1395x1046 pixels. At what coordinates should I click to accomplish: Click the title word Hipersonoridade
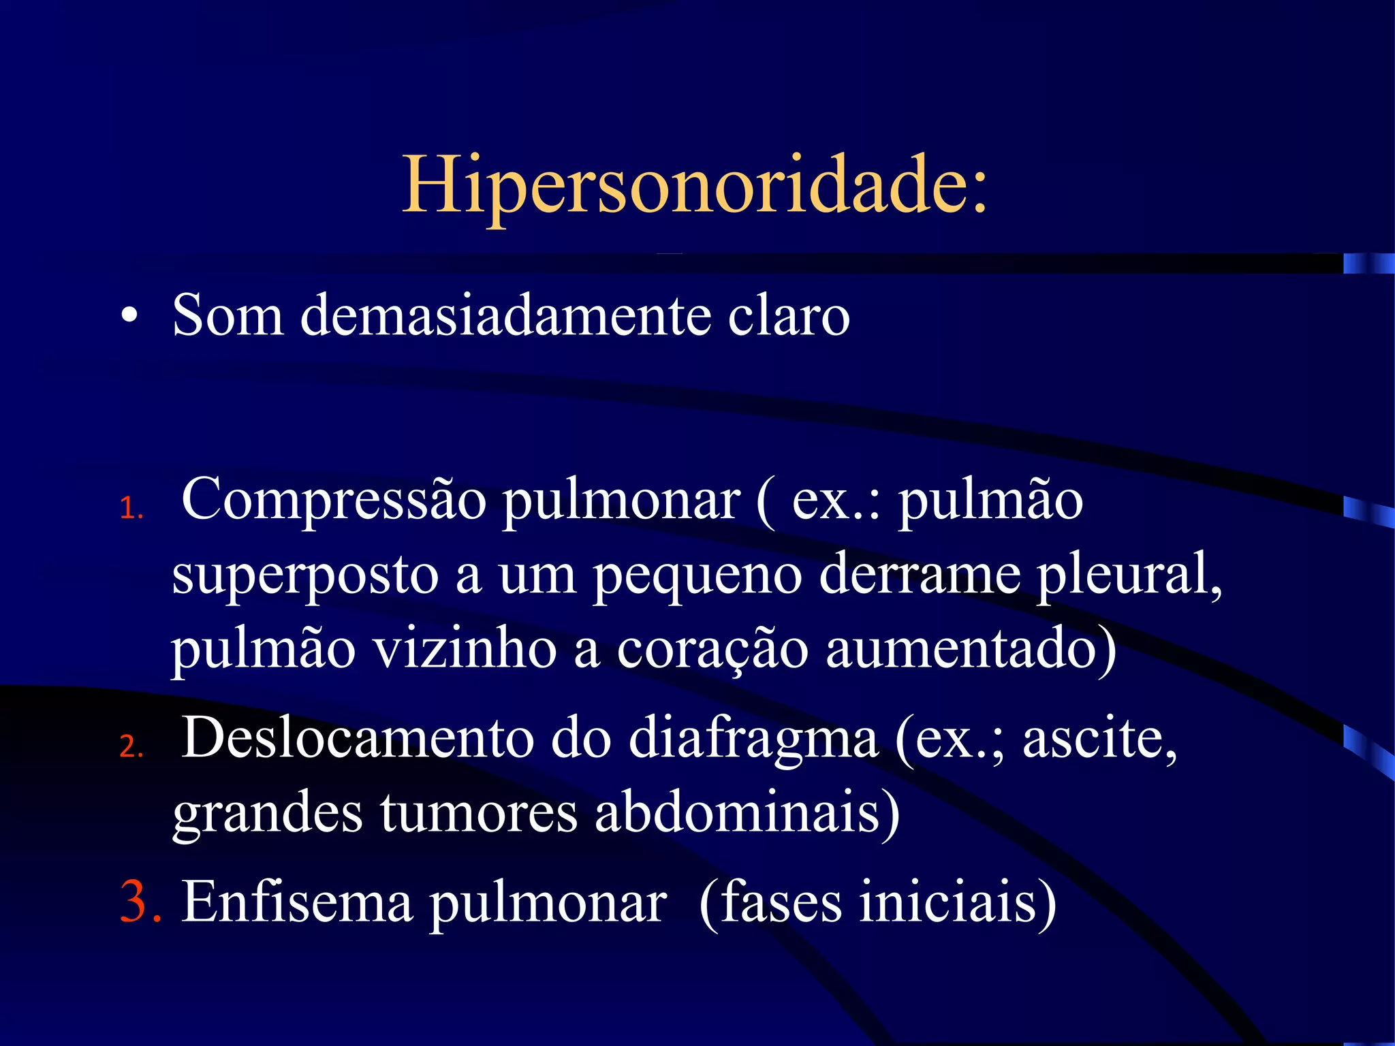(x=693, y=185)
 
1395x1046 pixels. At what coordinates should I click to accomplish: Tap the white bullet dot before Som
(x=129, y=317)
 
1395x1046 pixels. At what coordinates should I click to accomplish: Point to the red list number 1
(x=130, y=509)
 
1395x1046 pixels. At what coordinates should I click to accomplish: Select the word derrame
(x=919, y=574)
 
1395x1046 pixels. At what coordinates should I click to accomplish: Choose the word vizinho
(x=465, y=648)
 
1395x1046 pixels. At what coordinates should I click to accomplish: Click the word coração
(x=712, y=650)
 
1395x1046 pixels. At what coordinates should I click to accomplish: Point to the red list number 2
(x=131, y=746)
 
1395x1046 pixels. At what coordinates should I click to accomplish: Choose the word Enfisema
(x=297, y=902)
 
